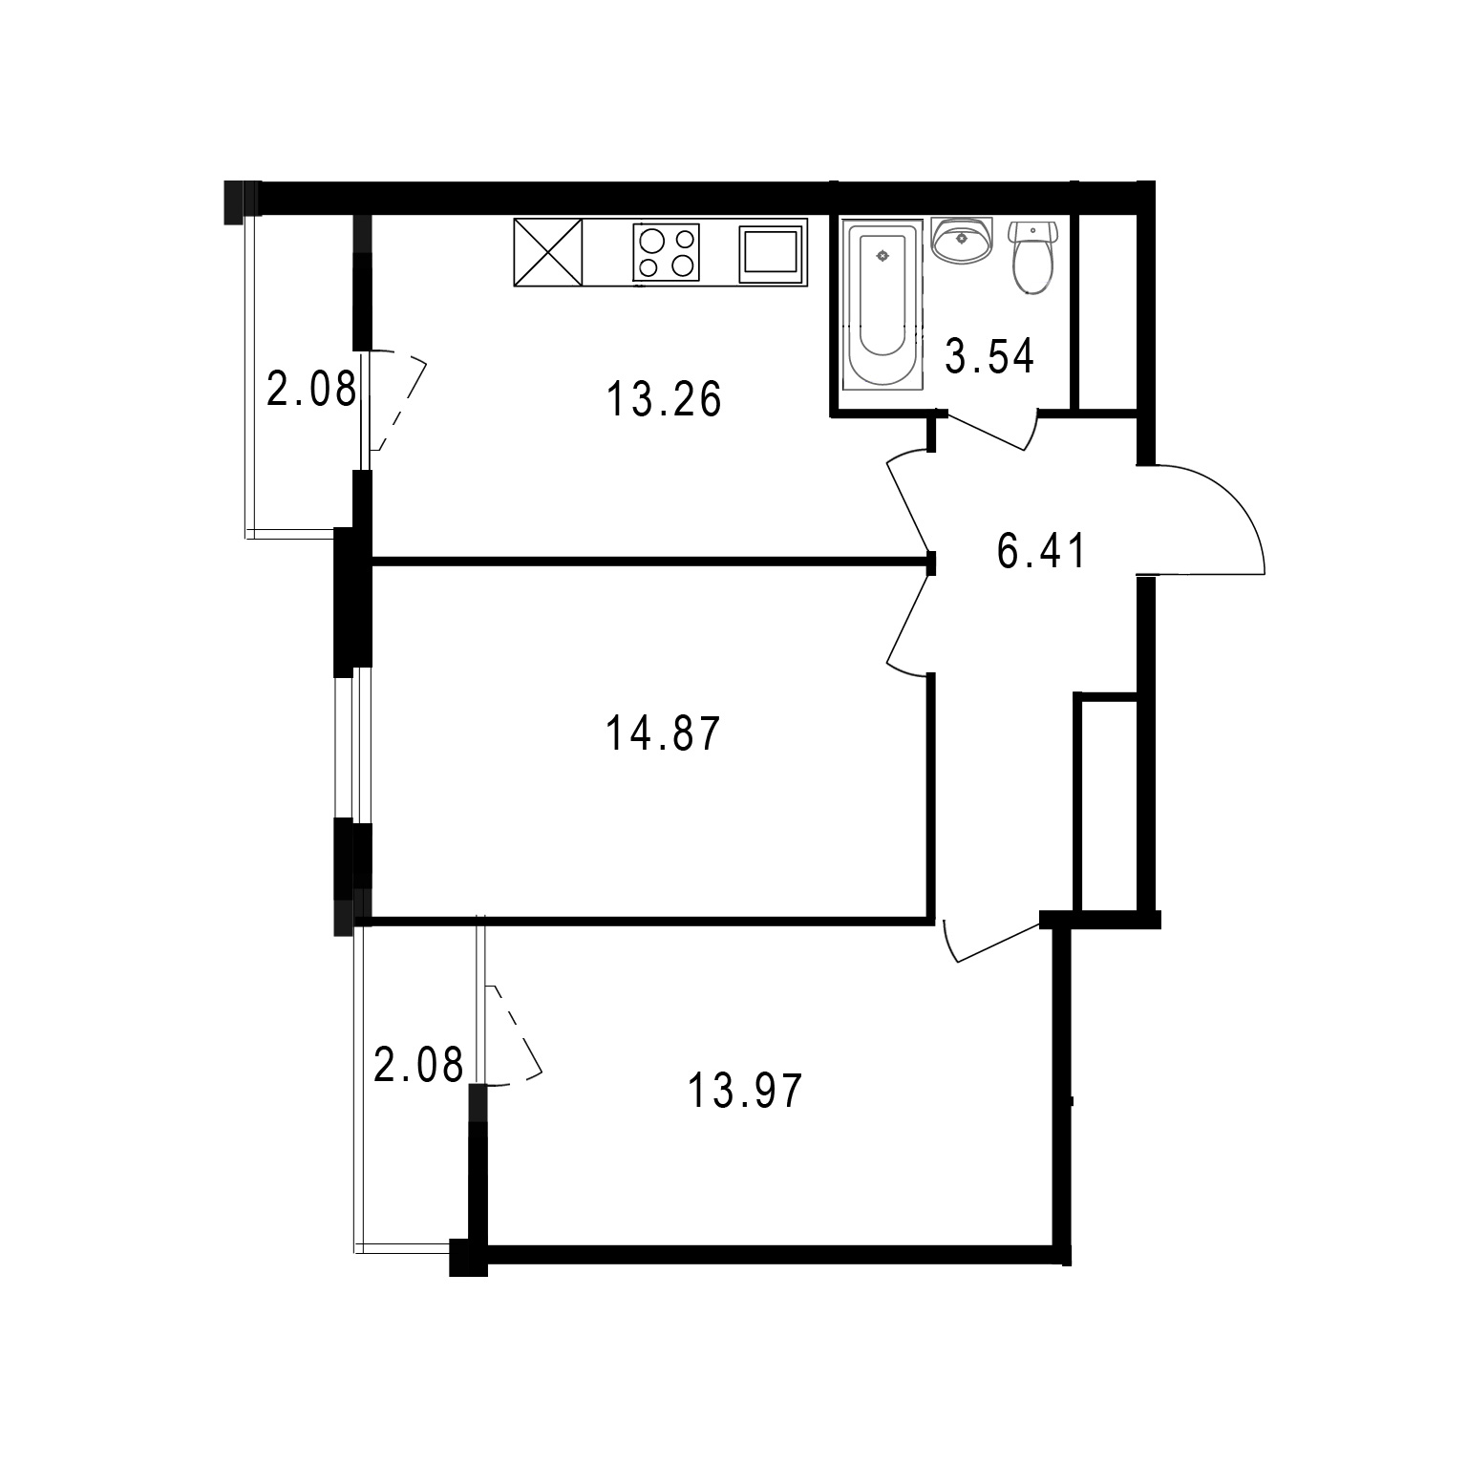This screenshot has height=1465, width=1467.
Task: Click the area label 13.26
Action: [x=664, y=399]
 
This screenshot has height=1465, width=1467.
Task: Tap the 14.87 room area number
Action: [x=663, y=735]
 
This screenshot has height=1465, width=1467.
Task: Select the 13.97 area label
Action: [x=745, y=1092]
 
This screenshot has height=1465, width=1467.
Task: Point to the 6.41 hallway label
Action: [x=1041, y=552]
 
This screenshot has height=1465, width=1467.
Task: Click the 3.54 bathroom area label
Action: [x=989, y=357]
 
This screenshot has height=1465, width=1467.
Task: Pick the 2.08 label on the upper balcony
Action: [x=311, y=390]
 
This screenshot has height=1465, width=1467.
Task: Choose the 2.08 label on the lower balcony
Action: [x=418, y=1065]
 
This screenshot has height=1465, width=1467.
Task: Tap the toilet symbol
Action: [x=1031, y=255]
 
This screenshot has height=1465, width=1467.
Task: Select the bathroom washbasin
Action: [x=963, y=240]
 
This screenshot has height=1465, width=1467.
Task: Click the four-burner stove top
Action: [x=666, y=252]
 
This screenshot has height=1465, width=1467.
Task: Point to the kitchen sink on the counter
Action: [x=770, y=255]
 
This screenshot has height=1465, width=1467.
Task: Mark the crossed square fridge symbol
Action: [x=548, y=253]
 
